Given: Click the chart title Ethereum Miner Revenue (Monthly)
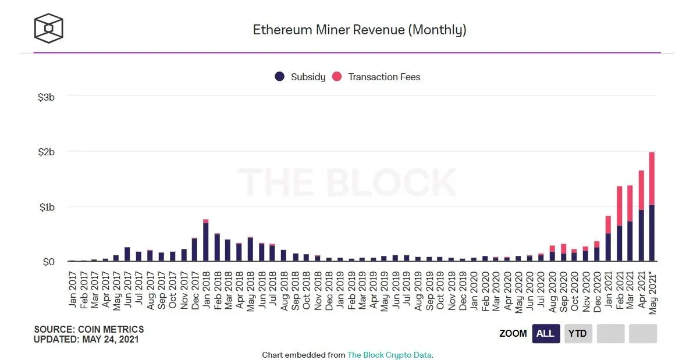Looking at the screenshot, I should tap(359, 30).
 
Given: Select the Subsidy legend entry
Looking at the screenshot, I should tap(300, 77).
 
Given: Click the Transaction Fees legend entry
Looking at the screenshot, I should tap(376, 77).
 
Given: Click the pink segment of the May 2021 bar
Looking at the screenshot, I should tap(652, 178).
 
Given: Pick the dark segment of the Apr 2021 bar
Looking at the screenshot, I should tap(641, 236).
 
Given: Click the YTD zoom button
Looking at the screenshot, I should tap(578, 334).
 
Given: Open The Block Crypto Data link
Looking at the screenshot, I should tap(389, 355).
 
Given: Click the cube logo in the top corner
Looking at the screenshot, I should tap(48, 28).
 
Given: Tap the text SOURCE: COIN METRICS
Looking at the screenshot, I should tap(89, 329).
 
